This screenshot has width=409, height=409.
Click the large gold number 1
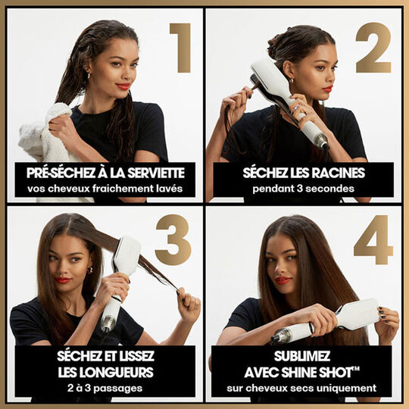click(181, 48)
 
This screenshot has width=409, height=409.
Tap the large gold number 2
click(373, 48)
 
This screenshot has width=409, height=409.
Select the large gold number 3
click(173, 239)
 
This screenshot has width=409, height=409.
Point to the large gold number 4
click(373, 240)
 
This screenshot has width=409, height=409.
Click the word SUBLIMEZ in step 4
click(302, 356)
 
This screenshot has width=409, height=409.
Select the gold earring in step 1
click(89, 76)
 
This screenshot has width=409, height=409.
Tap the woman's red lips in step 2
click(328, 89)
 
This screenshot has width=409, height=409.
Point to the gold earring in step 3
click(89, 270)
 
